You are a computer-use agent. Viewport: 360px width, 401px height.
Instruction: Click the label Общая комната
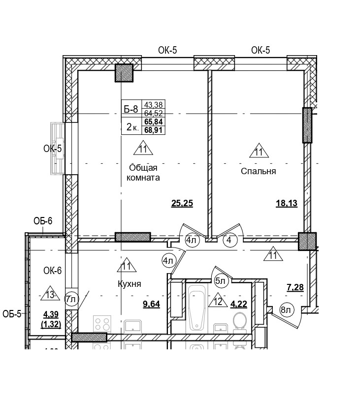point(143,172)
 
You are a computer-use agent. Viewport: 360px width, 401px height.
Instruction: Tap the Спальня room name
point(258,172)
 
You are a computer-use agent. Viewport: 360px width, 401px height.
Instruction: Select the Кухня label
point(130,284)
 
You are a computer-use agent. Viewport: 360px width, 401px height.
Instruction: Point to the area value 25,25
point(182,203)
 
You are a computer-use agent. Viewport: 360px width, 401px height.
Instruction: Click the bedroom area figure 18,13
point(286,203)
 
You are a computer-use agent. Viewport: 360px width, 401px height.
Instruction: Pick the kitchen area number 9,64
point(151,304)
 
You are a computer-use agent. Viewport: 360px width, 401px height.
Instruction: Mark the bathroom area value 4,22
point(239,304)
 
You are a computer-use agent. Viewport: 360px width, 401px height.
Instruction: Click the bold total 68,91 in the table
point(154,130)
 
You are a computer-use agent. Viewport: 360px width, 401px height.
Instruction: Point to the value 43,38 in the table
point(153,104)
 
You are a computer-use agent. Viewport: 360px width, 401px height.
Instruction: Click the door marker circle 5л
point(220,281)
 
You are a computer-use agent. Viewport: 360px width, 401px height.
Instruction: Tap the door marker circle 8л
point(286,310)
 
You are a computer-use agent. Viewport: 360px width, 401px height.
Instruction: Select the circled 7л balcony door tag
point(71,298)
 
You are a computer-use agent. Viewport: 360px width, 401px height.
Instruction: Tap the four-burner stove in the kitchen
point(102,324)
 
